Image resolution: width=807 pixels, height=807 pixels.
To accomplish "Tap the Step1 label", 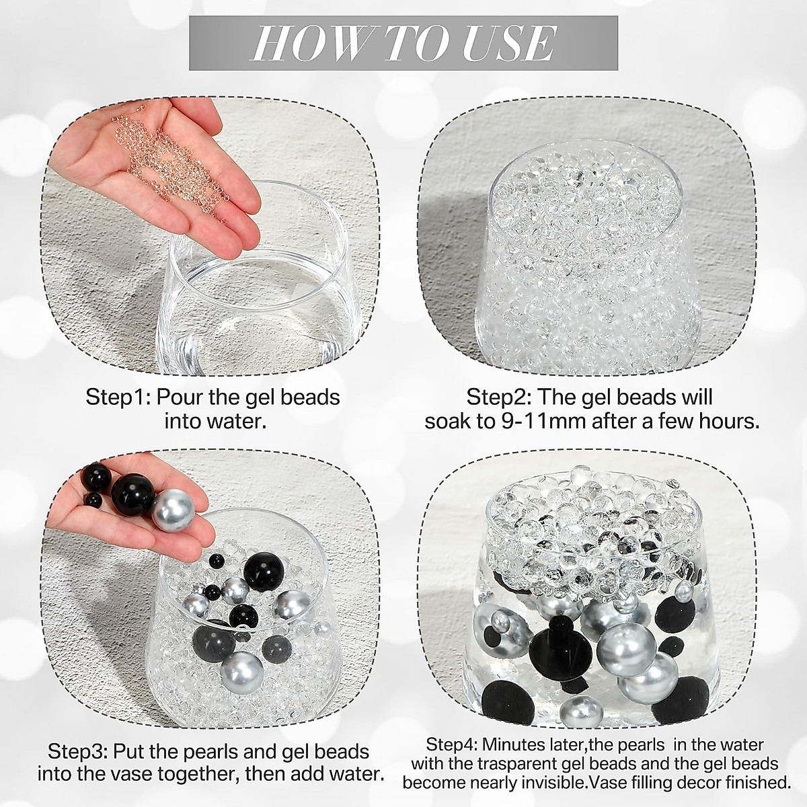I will click(x=117, y=397).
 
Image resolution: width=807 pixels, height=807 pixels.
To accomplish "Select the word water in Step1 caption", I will click(x=235, y=422).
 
